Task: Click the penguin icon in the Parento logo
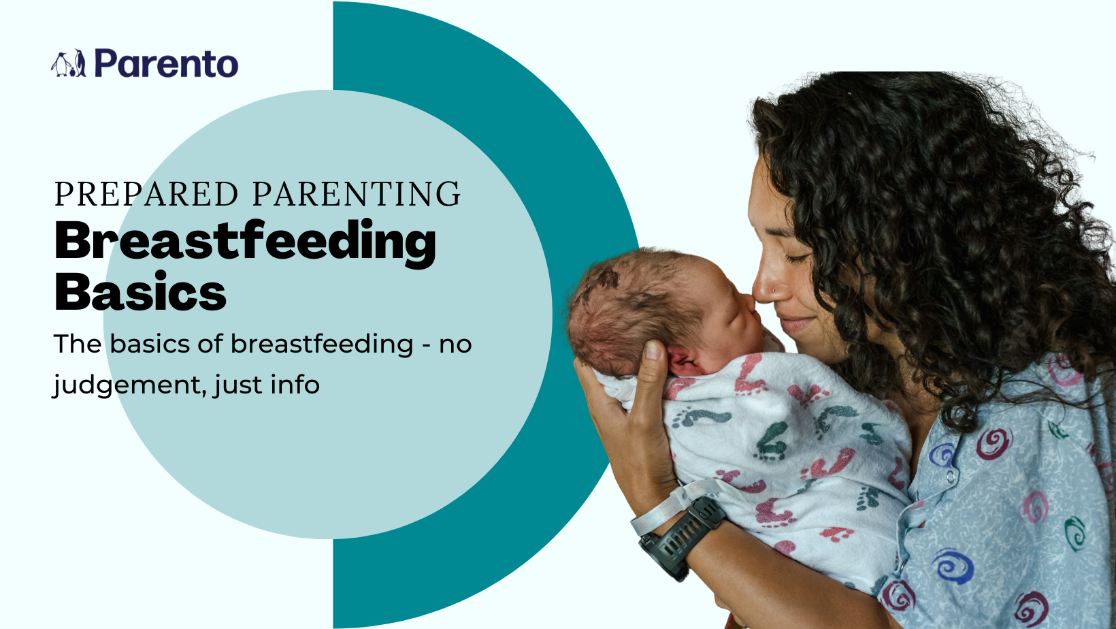tap(68, 63)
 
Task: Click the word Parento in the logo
tap(167, 63)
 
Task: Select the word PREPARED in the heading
tap(146, 194)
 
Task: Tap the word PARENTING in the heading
tap(357, 194)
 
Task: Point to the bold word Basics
tap(140, 291)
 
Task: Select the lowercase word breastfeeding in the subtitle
tap(322, 344)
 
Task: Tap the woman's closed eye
tap(797, 257)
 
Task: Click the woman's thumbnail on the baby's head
tap(652, 350)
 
